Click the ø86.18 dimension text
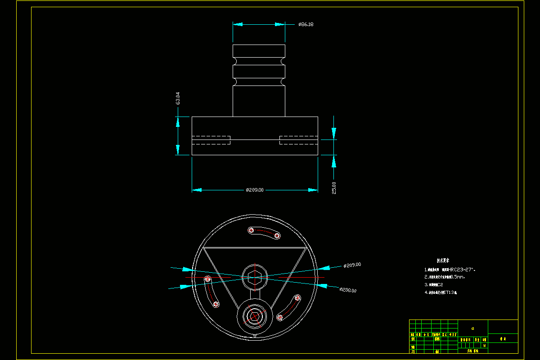306,24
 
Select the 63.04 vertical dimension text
178,99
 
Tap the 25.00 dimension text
333,188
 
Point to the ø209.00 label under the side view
255,190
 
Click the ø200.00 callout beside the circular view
348,290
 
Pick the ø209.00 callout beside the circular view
352,265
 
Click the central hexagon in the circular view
255,277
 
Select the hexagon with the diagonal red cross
255,316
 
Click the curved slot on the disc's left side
211,292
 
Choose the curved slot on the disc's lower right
289,307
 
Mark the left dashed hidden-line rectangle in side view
211,140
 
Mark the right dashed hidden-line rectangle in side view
299,140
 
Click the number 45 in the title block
472,328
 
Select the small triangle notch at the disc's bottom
255,335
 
